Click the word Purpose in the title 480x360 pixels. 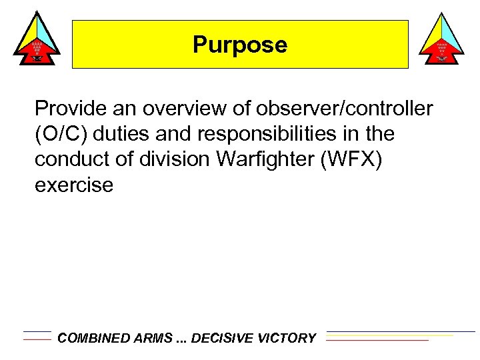pos(240,45)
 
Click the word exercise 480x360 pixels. pos(74,185)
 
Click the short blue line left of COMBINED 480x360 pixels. pos(37,331)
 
